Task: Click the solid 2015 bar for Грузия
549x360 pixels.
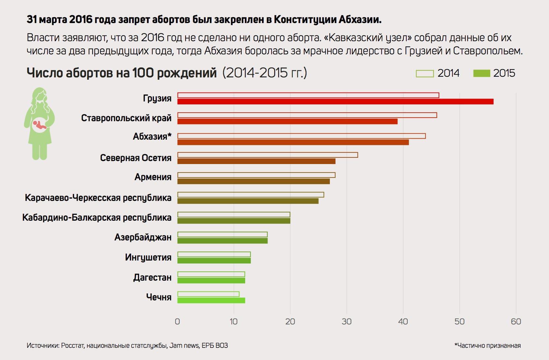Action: coord(335,101)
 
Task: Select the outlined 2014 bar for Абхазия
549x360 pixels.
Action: coord(301,136)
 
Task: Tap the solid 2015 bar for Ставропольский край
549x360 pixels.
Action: coord(287,122)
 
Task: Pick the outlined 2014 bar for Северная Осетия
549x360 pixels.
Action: coord(267,155)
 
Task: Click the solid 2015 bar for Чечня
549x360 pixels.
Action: coord(211,300)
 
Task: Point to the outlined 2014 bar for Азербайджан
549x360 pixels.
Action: coord(222,235)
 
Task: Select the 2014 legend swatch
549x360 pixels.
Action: coord(424,73)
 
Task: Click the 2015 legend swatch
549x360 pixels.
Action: coord(481,73)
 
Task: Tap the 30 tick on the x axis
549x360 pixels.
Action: coord(346,321)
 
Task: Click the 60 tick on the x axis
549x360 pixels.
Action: coord(516,321)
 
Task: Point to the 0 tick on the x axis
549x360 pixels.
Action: coord(177,321)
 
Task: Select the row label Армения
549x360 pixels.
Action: coord(153,177)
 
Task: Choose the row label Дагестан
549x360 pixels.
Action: coord(152,278)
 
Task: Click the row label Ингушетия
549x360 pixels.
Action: coord(148,257)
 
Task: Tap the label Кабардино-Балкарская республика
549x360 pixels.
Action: coord(97,218)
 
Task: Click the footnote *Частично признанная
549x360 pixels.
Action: coord(487,346)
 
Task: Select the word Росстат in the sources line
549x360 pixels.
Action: coord(72,346)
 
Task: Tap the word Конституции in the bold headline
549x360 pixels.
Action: coord(305,20)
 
